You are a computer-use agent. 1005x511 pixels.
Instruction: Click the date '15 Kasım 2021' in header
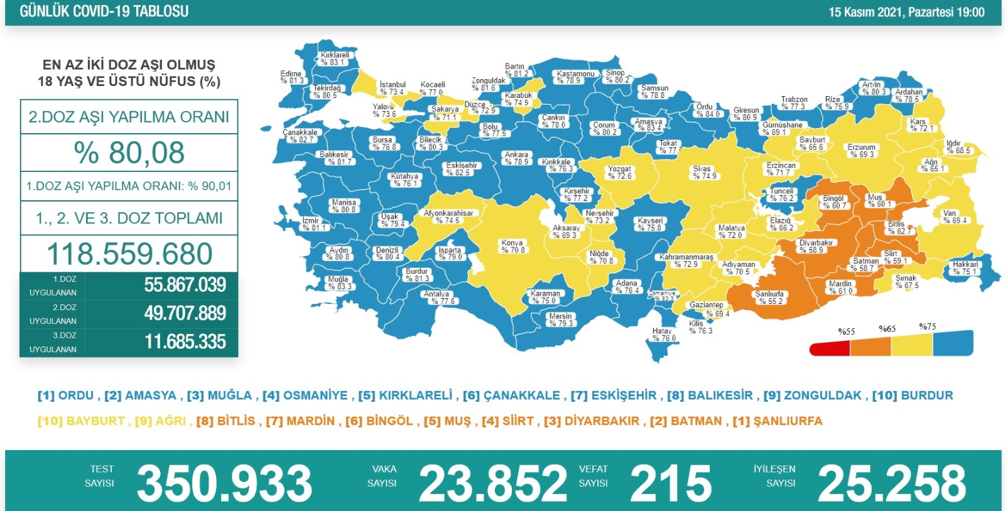865,12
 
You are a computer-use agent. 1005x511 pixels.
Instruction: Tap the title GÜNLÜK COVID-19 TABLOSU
104,11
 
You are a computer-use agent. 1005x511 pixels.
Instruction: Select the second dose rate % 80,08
129,153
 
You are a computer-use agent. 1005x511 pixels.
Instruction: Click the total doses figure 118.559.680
129,254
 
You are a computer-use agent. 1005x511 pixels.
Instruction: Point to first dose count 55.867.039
185,285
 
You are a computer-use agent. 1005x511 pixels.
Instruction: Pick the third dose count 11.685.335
185,342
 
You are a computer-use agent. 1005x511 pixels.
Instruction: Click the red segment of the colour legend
829,348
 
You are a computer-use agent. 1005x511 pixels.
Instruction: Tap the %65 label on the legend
887,329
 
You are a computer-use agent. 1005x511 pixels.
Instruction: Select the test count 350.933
224,483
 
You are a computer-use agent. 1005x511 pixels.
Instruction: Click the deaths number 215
670,483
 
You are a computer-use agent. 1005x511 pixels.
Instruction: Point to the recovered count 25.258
891,483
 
